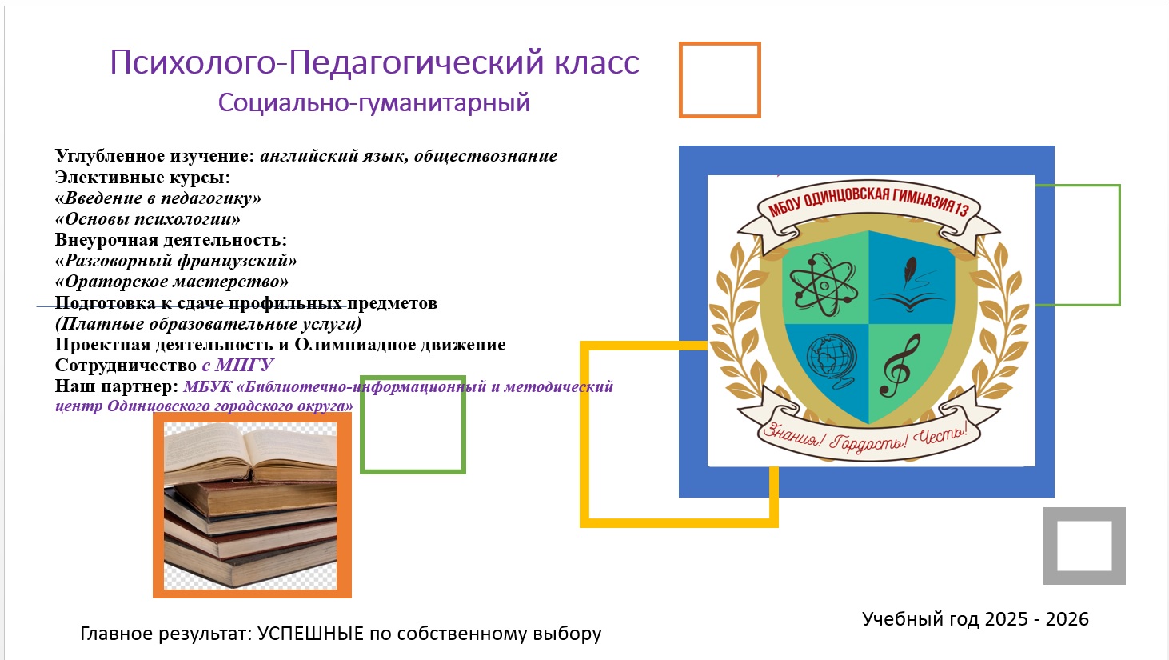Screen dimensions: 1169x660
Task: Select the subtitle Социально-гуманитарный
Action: [x=374, y=103]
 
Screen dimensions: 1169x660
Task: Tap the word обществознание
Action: [x=486, y=156]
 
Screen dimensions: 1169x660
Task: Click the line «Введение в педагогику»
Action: [x=158, y=198]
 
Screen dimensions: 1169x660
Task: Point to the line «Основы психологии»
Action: [x=148, y=219]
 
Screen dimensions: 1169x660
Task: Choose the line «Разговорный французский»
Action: [x=176, y=261]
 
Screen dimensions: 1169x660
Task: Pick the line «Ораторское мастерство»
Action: [x=172, y=282]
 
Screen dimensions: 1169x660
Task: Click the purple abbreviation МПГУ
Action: [x=244, y=365]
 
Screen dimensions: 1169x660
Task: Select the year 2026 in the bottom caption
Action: [x=1067, y=619]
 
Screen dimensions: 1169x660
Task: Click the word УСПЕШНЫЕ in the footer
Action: [x=310, y=634]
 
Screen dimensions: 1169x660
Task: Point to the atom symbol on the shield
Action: [x=824, y=285]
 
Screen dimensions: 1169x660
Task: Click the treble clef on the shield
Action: [x=900, y=366]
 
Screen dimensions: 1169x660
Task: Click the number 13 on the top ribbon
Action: [x=961, y=209]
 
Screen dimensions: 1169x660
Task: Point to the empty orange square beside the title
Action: [x=680, y=80]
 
